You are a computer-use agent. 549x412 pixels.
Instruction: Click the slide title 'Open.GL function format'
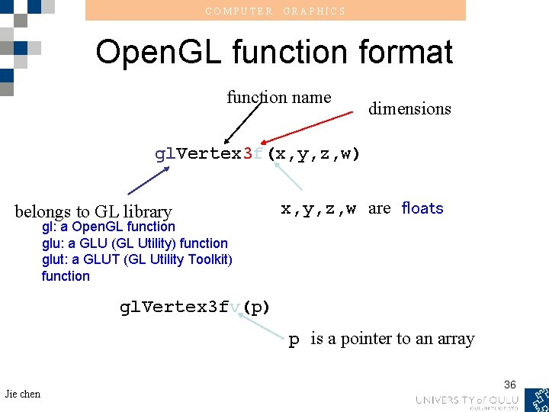tap(274, 52)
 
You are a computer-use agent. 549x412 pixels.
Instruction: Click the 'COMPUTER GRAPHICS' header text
tap(275, 11)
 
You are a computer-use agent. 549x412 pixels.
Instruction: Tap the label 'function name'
tap(278, 97)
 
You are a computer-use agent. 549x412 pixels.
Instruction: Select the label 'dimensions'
tap(409, 108)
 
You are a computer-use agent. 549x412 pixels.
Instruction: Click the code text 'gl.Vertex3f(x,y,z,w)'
tap(257, 153)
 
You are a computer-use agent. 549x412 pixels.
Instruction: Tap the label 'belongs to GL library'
tap(93, 211)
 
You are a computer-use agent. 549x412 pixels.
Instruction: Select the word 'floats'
tap(422, 208)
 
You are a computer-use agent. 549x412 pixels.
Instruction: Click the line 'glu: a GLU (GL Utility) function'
tap(135, 243)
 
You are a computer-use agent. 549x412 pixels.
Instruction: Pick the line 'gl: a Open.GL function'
tap(108, 227)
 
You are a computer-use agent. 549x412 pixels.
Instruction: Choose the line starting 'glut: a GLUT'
tap(137, 259)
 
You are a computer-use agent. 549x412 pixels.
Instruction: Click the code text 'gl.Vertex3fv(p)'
tap(194, 307)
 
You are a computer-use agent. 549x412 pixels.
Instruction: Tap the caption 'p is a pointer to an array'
tap(381, 339)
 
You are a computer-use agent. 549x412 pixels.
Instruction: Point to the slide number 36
tap(510, 385)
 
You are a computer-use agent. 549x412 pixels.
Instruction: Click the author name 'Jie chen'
tap(22, 394)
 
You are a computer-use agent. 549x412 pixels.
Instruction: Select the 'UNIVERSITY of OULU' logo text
tap(467, 400)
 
